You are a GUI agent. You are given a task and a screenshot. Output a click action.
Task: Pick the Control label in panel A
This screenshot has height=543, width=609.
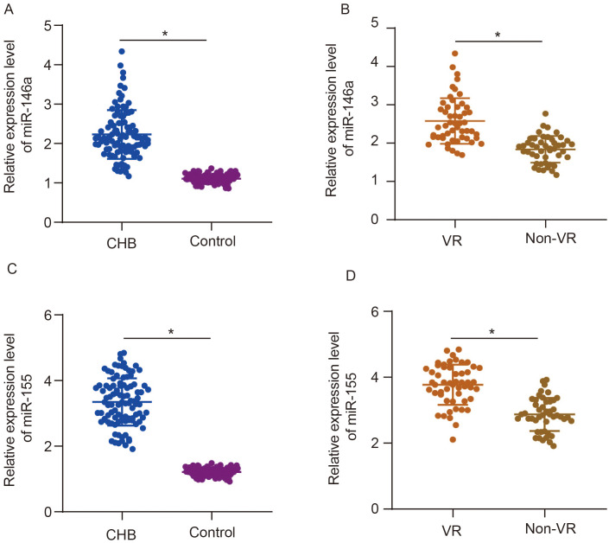coord(211,240)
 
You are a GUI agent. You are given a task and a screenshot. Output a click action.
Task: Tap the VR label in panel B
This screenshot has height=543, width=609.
coord(448,240)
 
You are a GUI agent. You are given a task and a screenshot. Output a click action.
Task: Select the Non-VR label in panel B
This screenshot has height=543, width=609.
coord(543,240)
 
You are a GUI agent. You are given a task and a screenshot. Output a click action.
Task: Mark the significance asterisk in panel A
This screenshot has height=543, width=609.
coord(162,35)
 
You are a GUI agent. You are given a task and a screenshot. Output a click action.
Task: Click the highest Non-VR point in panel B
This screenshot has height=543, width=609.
coord(545,113)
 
